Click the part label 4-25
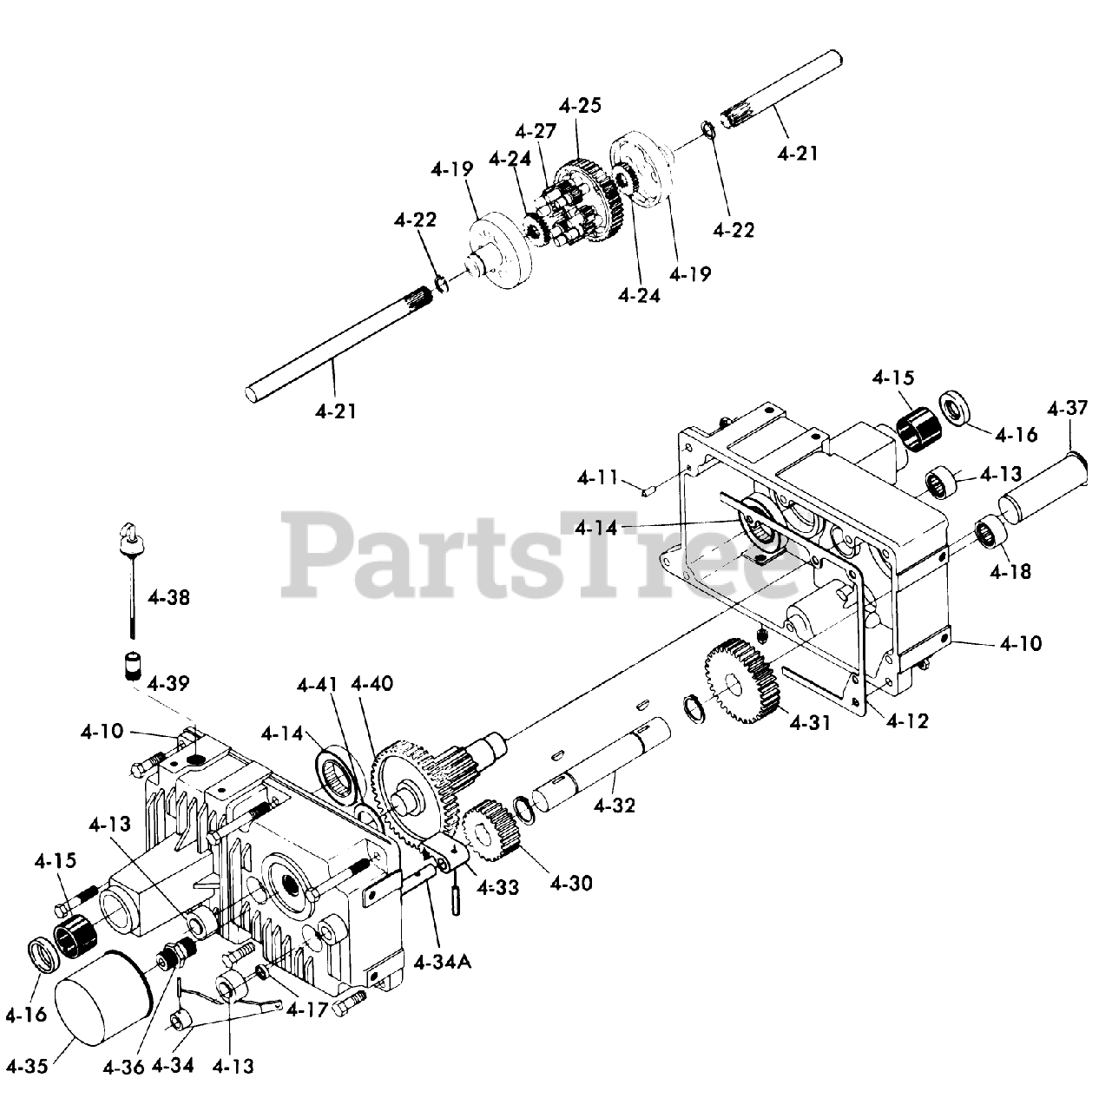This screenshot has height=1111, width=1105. tap(581, 106)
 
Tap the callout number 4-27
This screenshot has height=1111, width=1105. tap(535, 132)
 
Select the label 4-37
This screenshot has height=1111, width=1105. tap(1067, 408)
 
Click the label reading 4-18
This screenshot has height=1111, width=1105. tap(1010, 572)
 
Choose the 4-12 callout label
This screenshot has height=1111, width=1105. tap(907, 720)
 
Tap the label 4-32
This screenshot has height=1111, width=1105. tap(615, 805)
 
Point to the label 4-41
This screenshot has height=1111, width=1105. tap(318, 685)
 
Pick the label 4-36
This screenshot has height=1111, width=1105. tap(122, 1066)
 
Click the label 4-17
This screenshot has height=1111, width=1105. tap(307, 1009)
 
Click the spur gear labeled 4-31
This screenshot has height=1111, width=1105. tap(737, 686)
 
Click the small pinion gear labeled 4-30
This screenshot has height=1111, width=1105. tap(490, 831)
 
